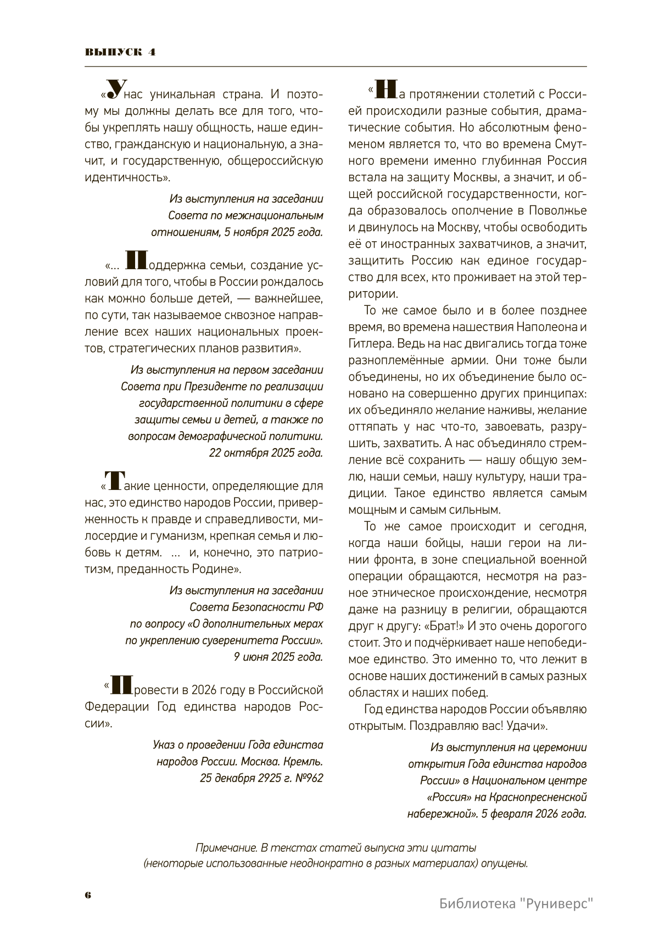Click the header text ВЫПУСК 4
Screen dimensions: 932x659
coord(120,52)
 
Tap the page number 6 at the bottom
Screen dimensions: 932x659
coord(88,895)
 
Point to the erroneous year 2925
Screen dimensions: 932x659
coord(264,778)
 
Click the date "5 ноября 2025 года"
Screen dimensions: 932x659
coord(273,232)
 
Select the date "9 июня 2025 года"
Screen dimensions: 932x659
coord(278,657)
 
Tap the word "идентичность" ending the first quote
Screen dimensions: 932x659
coord(125,177)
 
